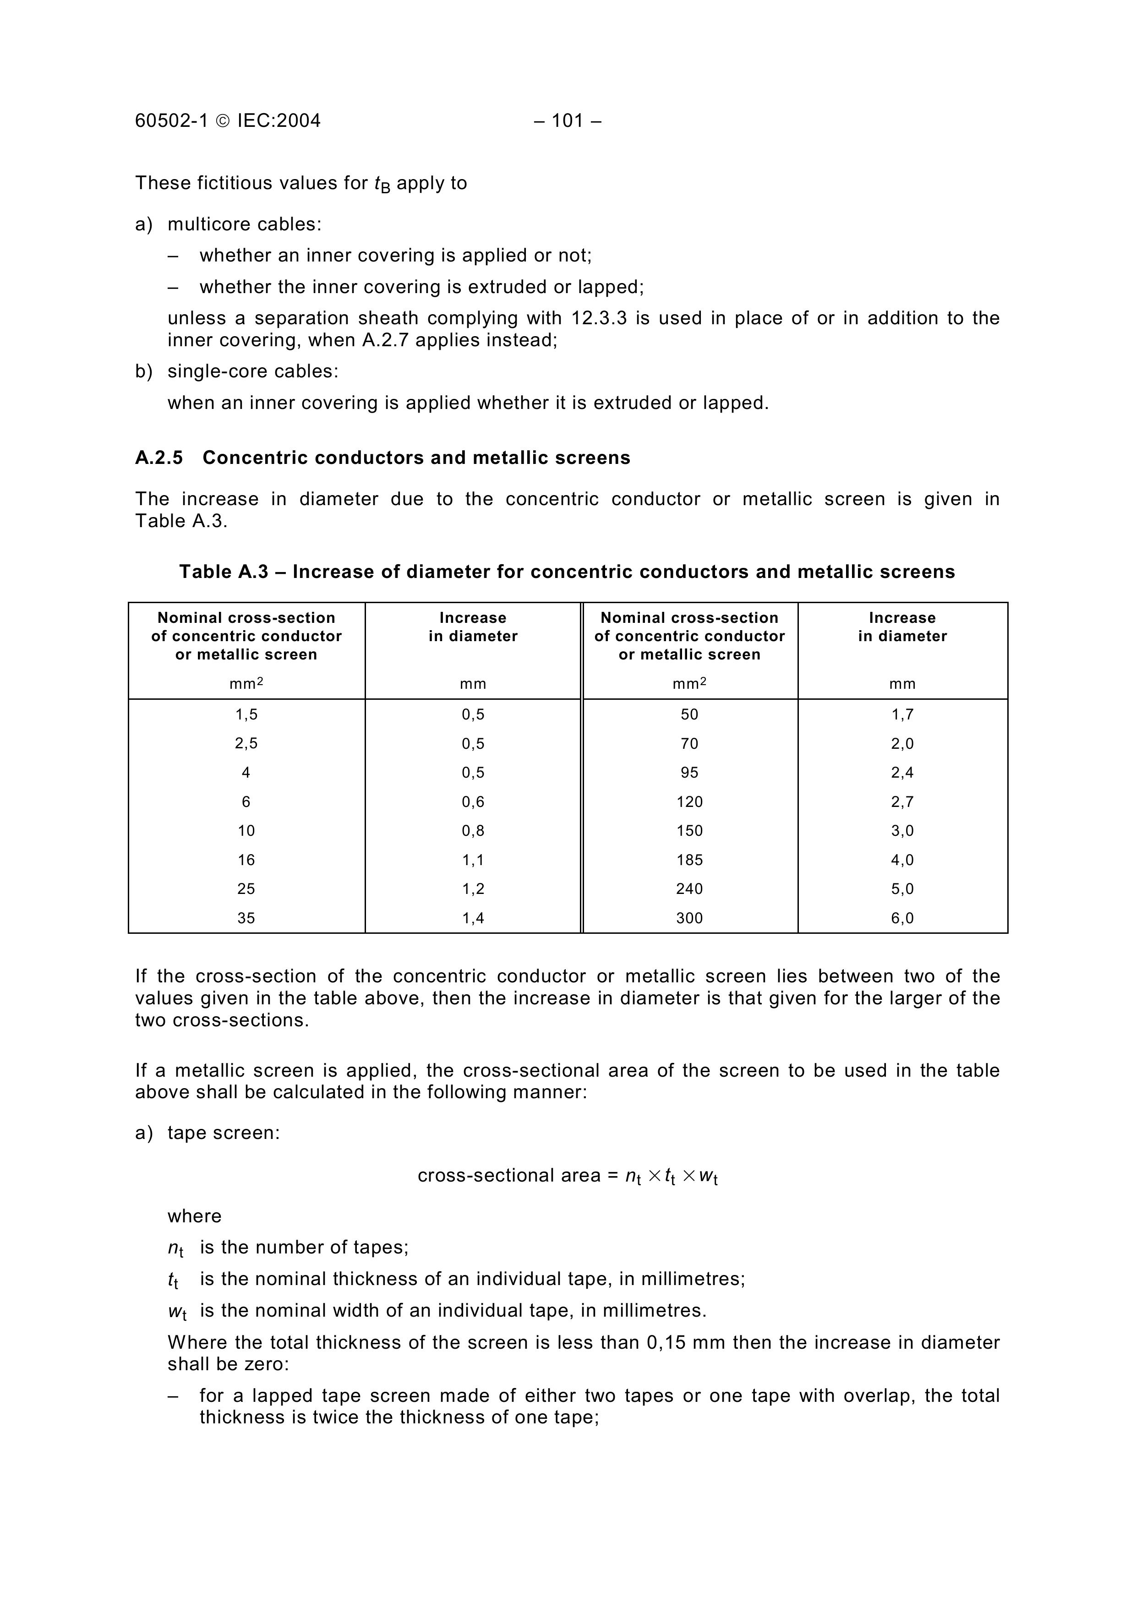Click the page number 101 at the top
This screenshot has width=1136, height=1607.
567,121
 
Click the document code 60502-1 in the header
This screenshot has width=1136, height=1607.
171,121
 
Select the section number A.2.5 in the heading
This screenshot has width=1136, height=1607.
159,458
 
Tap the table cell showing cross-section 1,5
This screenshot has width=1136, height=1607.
246,714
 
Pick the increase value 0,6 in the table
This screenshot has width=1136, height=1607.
473,802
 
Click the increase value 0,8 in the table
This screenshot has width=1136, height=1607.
473,831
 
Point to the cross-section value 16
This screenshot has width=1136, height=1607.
246,860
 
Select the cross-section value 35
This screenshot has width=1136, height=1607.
246,918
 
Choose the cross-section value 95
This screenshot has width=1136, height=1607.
689,773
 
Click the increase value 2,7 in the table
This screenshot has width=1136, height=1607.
902,802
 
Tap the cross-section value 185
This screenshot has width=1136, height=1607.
689,860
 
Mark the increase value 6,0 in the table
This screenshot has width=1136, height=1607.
902,918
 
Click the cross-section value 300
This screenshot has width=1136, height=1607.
689,918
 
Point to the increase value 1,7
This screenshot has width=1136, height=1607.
902,714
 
